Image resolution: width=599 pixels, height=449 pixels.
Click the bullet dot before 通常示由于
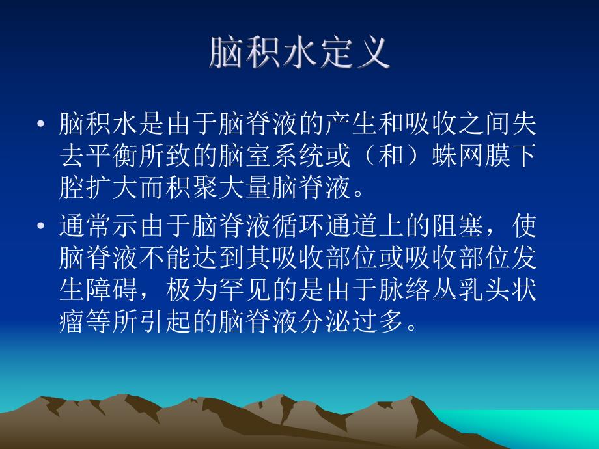(x=42, y=228)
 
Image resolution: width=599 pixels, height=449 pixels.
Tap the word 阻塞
(x=486, y=228)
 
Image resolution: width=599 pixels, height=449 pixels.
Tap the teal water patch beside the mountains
(x=560, y=429)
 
